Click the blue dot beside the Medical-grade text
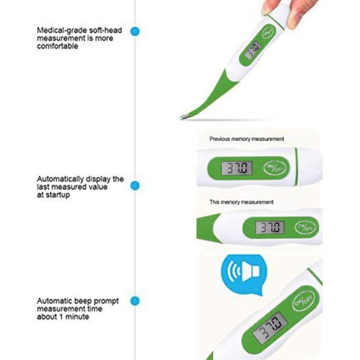(135, 31)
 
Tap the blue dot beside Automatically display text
(135, 185)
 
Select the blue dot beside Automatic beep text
(135, 301)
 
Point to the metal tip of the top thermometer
(184, 117)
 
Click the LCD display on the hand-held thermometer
(253, 50)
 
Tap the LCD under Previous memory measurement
(237, 167)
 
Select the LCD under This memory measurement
(270, 227)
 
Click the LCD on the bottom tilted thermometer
(270, 328)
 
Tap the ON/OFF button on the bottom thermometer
(304, 301)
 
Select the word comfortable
(58, 46)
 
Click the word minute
(77, 317)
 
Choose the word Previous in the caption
(220, 139)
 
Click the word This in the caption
(214, 202)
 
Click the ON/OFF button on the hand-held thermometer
(269, 32)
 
